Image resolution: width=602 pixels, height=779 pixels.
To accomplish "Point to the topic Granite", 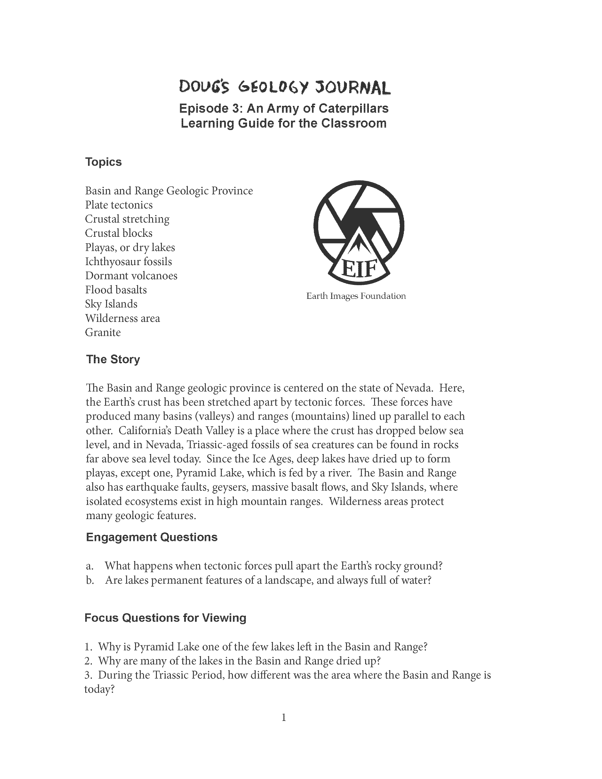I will pyautogui.click(x=103, y=332).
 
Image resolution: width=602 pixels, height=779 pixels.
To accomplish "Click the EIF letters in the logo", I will pyautogui.click(x=359, y=269).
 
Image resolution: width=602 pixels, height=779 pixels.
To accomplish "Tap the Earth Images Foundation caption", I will pyautogui.click(x=356, y=296).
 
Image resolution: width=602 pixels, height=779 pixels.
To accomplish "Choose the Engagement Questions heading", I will pyautogui.click(x=151, y=537).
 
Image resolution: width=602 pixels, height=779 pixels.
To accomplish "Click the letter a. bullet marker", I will pyautogui.click(x=90, y=566).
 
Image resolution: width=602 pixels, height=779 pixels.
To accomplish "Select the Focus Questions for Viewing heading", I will pyautogui.click(x=165, y=618).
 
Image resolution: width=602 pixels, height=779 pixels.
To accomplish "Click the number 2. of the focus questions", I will pyautogui.click(x=88, y=661).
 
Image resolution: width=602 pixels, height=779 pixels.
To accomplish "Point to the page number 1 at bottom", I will pyautogui.click(x=284, y=717).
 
